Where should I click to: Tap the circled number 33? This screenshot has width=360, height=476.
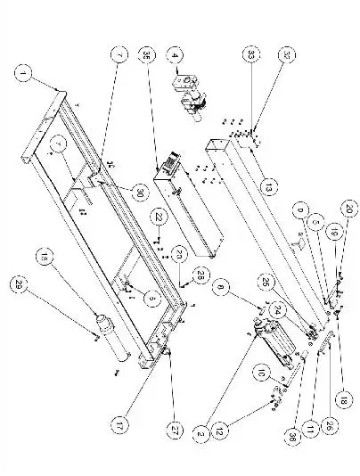(x=252, y=56)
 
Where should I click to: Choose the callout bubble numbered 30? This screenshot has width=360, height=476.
(x=139, y=190)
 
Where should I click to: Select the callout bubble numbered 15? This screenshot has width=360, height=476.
(x=45, y=257)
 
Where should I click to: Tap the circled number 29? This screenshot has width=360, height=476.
(x=21, y=284)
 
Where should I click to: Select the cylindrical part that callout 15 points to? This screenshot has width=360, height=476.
(x=107, y=337)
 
